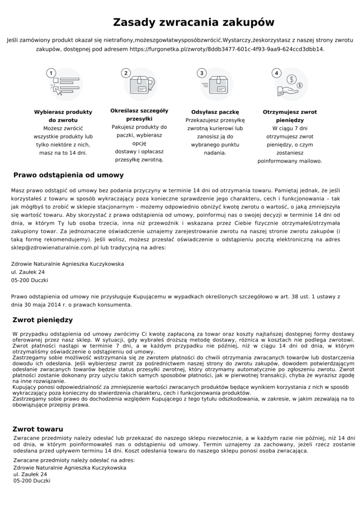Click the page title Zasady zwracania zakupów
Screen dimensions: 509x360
click(193, 22)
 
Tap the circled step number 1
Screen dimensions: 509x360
click(50, 73)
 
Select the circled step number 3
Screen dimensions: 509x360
click(201, 73)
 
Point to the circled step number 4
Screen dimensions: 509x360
click(276, 73)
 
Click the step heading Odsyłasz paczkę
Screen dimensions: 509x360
click(215, 112)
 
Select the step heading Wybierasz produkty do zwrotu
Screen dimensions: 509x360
click(63, 116)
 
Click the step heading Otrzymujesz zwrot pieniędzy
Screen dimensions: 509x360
click(289, 116)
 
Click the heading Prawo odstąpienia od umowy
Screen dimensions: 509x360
click(69, 175)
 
